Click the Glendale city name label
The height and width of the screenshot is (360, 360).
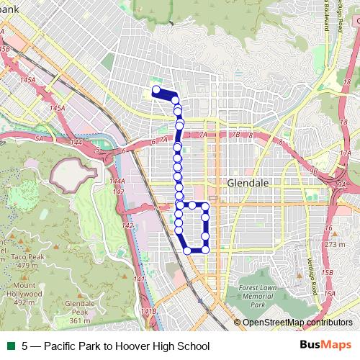pos(248,184)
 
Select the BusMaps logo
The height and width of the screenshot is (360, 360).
pos(327,346)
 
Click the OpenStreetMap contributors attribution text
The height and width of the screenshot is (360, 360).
pos(297,323)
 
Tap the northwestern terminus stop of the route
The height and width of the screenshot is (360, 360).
pos(156,90)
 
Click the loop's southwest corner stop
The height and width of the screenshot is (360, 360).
pos(187,250)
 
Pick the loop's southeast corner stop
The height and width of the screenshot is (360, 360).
pos(205,250)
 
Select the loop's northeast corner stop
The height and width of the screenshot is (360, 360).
pos(205,206)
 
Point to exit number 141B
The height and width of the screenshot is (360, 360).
pos(148,311)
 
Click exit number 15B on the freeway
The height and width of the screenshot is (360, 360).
pos(328,273)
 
